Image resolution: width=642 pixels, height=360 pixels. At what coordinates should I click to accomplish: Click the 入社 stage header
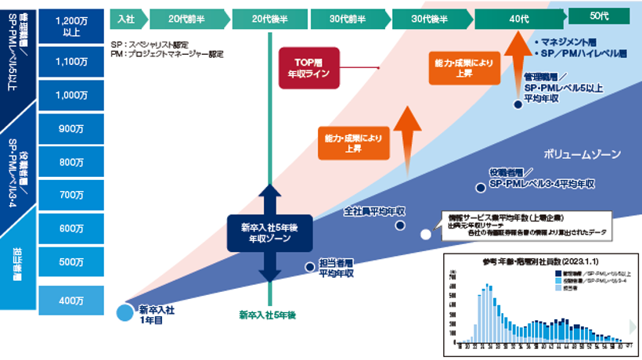click(x=125, y=17)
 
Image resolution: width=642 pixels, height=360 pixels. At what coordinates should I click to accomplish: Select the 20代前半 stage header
click(x=186, y=17)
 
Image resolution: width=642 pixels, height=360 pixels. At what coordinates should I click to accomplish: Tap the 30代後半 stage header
click(x=429, y=17)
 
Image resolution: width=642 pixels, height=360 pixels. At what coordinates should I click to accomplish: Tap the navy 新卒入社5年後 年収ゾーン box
click(x=269, y=233)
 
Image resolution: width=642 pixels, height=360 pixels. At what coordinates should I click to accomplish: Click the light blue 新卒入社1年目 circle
click(x=125, y=313)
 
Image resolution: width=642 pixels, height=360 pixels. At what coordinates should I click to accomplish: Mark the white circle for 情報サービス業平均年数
click(x=426, y=234)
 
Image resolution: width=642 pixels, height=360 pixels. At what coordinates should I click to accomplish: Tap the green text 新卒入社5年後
click(x=269, y=316)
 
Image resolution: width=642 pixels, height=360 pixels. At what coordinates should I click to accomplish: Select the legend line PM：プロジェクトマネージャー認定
click(x=168, y=55)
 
